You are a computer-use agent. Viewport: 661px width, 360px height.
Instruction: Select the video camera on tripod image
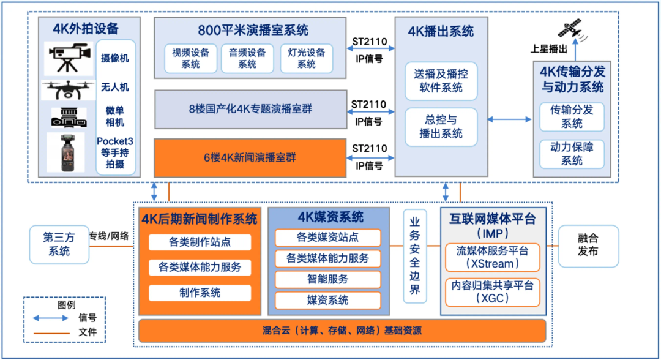[x=68, y=59]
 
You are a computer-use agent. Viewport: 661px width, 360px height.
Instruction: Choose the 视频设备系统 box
[x=190, y=59]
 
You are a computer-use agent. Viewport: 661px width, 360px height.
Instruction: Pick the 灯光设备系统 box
[x=306, y=59]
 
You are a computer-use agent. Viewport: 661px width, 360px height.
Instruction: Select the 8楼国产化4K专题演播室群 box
[x=250, y=109]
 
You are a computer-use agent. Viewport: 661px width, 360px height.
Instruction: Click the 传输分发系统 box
[x=572, y=116]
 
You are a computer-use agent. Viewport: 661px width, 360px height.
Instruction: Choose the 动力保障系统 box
[x=572, y=154]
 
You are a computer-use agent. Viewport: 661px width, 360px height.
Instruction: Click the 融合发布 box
[x=588, y=244]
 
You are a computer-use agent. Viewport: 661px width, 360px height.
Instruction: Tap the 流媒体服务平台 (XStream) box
[x=492, y=257]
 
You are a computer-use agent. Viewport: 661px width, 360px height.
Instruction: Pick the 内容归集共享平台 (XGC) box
[x=492, y=292]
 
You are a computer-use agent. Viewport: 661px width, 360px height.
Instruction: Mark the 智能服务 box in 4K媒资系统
[x=327, y=279]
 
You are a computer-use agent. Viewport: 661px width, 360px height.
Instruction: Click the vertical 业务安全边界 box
[x=415, y=255]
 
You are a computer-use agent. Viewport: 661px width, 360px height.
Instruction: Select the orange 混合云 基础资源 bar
[x=342, y=331]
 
